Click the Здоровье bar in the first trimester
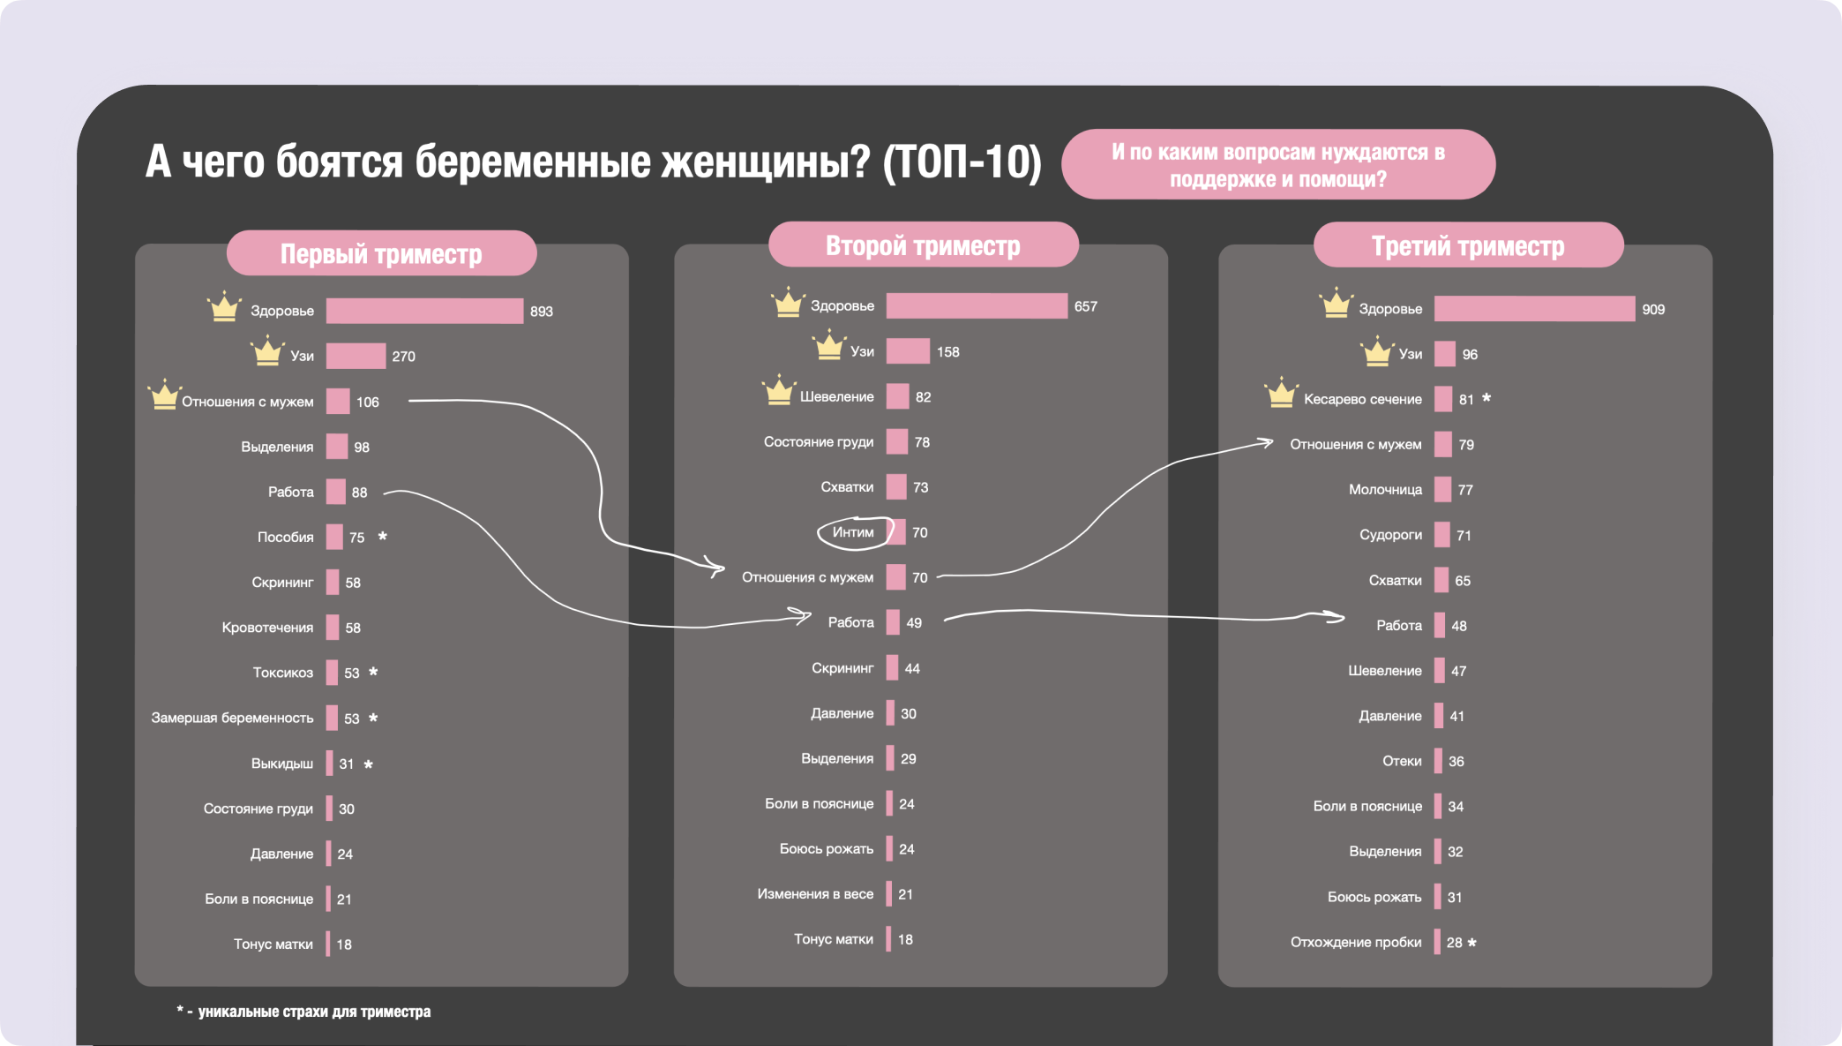pyautogui.click(x=424, y=311)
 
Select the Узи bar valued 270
pyautogui.click(x=356, y=356)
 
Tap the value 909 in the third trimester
pyautogui.click(x=1653, y=310)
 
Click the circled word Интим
pyautogui.click(x=853, y=532)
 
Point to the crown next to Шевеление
pyautogui.click(x=779, y=390)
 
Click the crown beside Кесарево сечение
pyautogui.click(x=1281, y=393)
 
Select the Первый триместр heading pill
pyautogui.click(x=381, y=254)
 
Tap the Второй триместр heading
pyautogui.click(x=923, y=245)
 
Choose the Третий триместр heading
pyautogui.click(x=1468, y=246)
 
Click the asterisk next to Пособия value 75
pyautogui.click(x=383, y=536)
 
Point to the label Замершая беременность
pyautogui.click(x=232, y=718)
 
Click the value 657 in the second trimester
pyautogui.click(x=1086, y=306)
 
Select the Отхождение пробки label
pyautogui.click(x=1356, y=942)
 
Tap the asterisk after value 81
pyautogui.click(x=1486, y=398)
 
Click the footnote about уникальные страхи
pyautogui.click(x=304, y=1012)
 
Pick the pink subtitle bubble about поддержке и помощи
pyautogui.click(x=1277, y=165)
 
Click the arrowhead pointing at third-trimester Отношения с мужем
pyautogui.click(x=1267, y=442)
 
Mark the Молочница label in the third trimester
pyautogui.click(x=1385, y=490)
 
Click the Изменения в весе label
pyautogui.click(x=815, y=894)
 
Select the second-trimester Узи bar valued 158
pyautogui.click(x=908, y=351)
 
